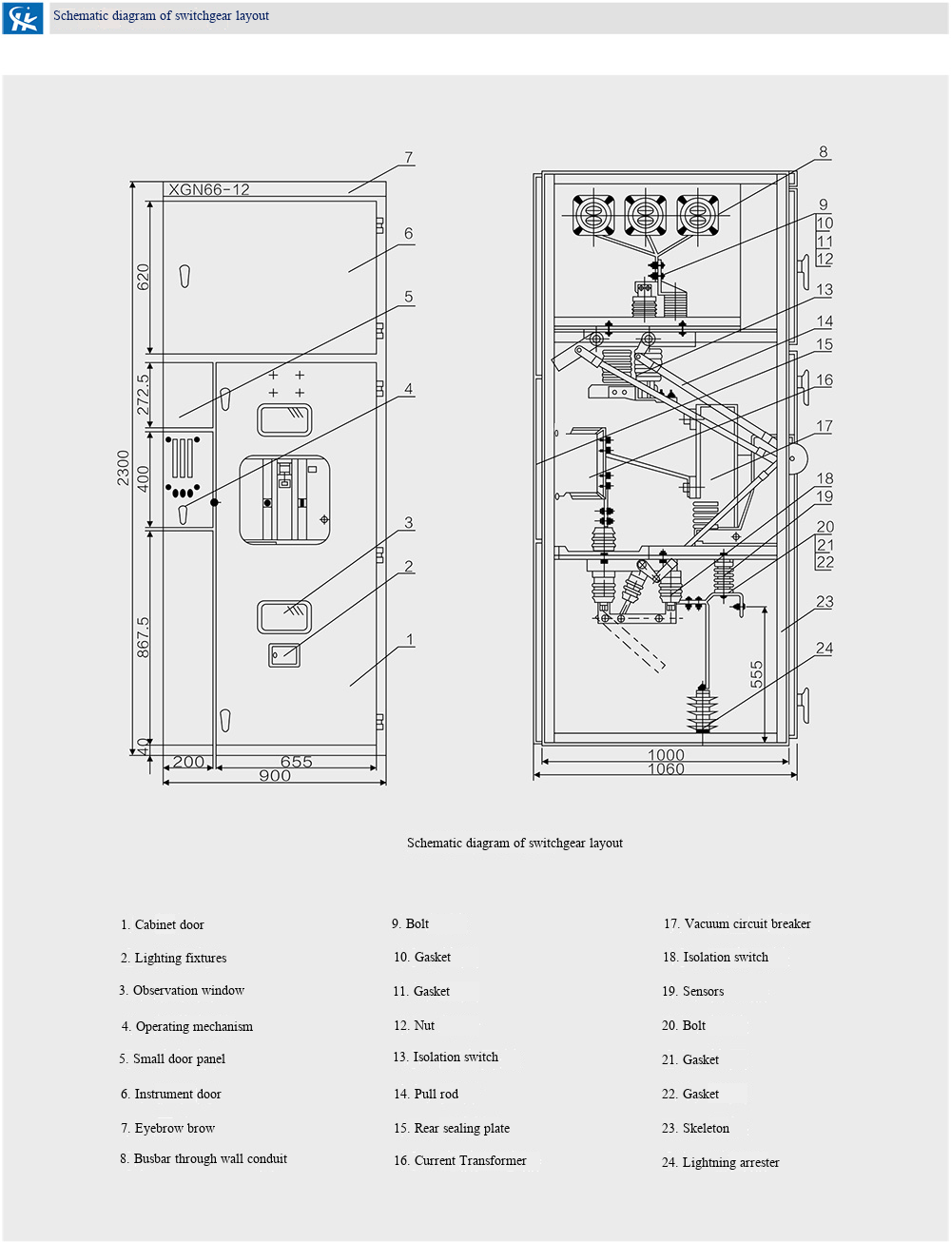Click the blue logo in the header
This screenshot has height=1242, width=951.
[23, 18]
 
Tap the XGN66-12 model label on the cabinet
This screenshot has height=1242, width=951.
[209, 190]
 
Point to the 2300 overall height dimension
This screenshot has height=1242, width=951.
[124, 468]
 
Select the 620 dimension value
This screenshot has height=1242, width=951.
[143, 277]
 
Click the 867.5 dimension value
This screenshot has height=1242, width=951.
[143, 637]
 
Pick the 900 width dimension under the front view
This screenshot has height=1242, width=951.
[275, 776]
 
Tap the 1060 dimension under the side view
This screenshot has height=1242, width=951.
[666, 768]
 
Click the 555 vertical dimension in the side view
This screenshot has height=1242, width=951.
[756, 674]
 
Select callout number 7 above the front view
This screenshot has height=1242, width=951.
[409, 157]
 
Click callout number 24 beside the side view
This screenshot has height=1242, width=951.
[825, 649]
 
